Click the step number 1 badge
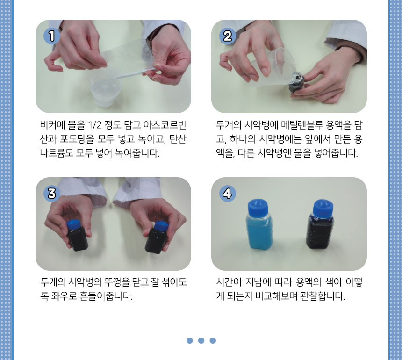[x=52, y=36]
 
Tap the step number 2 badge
[x=227, y=36]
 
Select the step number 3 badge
[x=52, y=194]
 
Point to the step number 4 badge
[x=227, y=194]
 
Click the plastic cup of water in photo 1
[x=105, y=92]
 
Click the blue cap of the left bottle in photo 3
[x=73, y=225]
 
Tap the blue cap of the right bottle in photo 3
[x=161, y=226]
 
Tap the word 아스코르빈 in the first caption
[x=165, y=125]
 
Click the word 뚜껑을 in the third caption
[x=117, y=282]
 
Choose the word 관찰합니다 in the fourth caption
[x=323, y=296]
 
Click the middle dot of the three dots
[x=201, y=340]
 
